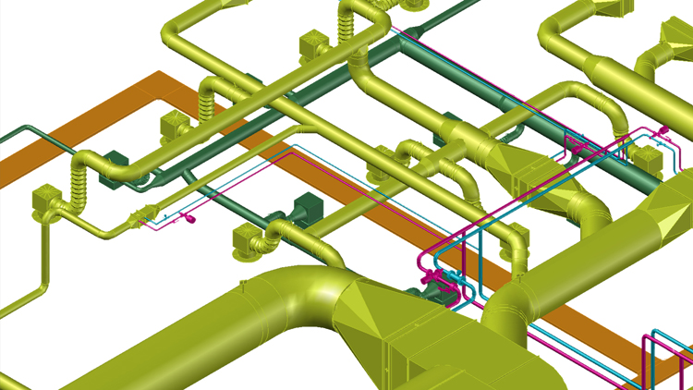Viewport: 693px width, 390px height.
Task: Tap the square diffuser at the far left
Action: tap(46, 202)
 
